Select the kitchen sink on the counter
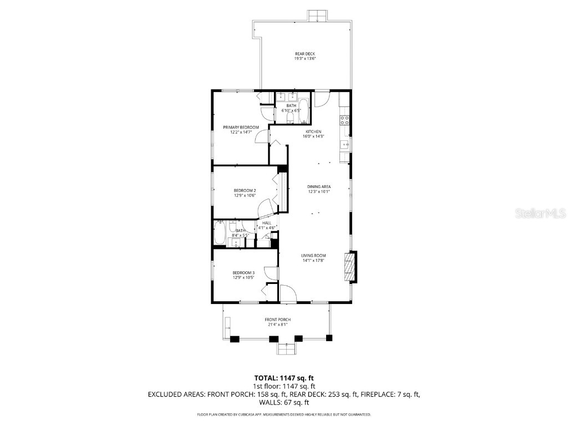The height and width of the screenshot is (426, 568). point(344,146)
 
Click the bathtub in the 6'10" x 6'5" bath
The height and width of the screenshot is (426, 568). point(305,110)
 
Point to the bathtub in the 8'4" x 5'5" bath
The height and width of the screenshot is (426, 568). point(219,233)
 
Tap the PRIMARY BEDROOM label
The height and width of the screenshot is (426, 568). point(241,127)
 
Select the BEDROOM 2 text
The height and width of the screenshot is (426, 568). point(244,190)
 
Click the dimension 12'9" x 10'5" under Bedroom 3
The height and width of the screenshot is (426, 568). point(244,277)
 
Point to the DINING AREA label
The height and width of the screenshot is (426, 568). point(319,186)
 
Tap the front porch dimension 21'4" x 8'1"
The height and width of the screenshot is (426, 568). point(277,324)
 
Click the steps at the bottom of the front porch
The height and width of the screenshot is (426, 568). point(286,349)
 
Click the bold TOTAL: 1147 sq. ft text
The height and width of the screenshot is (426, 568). point(284,378)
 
